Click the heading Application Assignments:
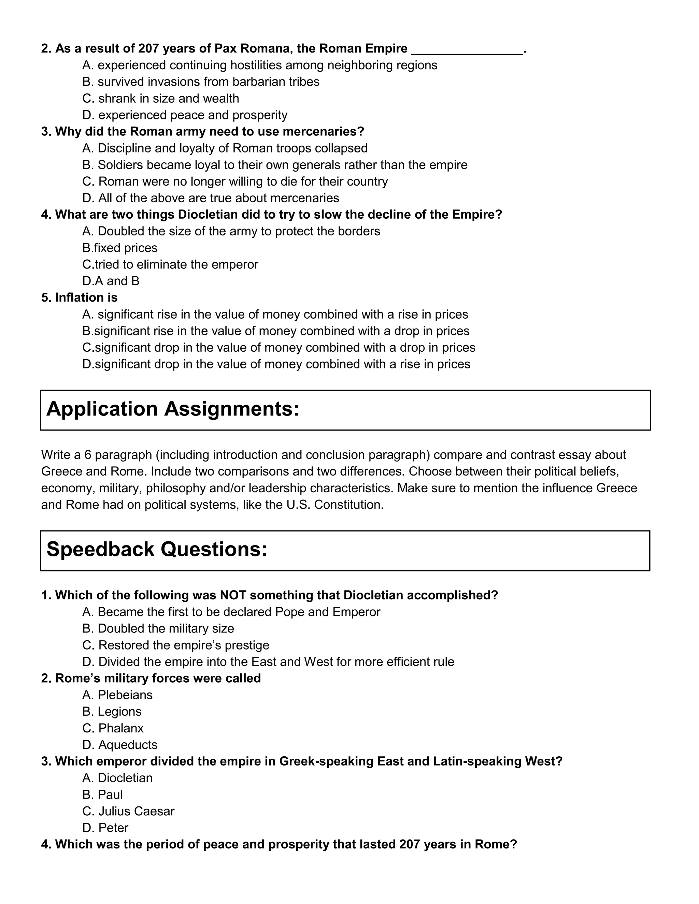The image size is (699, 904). (x=173, y=409)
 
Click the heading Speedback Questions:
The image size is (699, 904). (x=157, y=549)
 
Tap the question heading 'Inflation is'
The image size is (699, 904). (x=80, y=297)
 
